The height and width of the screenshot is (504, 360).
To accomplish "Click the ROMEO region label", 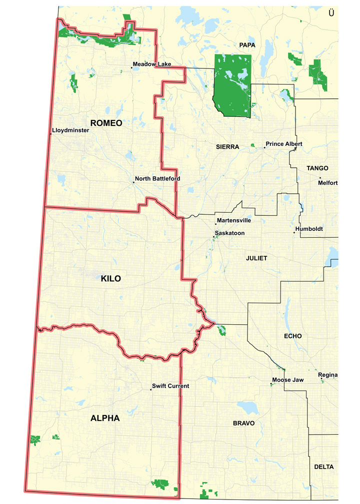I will pos(106,123).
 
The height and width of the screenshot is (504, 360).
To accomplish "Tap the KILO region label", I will pos(111,278).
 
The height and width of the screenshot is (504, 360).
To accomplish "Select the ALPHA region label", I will pos(105,418).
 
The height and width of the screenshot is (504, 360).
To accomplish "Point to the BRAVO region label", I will pos(243,423).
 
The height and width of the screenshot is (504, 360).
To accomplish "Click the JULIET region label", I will pos(257,258).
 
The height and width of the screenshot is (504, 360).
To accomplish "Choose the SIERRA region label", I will pos(228,147).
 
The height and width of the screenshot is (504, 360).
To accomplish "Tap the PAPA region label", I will pos(247,45).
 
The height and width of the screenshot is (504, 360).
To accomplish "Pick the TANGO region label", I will pos(317,168).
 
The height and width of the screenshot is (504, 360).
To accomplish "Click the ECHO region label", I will pos(292,336).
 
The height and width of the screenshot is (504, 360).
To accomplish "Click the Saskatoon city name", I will pos(230,233).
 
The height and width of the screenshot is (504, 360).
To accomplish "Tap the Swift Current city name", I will pos(170,386).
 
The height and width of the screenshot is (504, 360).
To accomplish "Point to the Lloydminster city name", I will pos(70,130).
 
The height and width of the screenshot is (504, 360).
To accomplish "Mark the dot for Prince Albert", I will pos(264,147).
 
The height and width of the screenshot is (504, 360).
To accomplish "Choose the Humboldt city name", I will pos(309,229).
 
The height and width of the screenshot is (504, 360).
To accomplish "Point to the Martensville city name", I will pos(233,220).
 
